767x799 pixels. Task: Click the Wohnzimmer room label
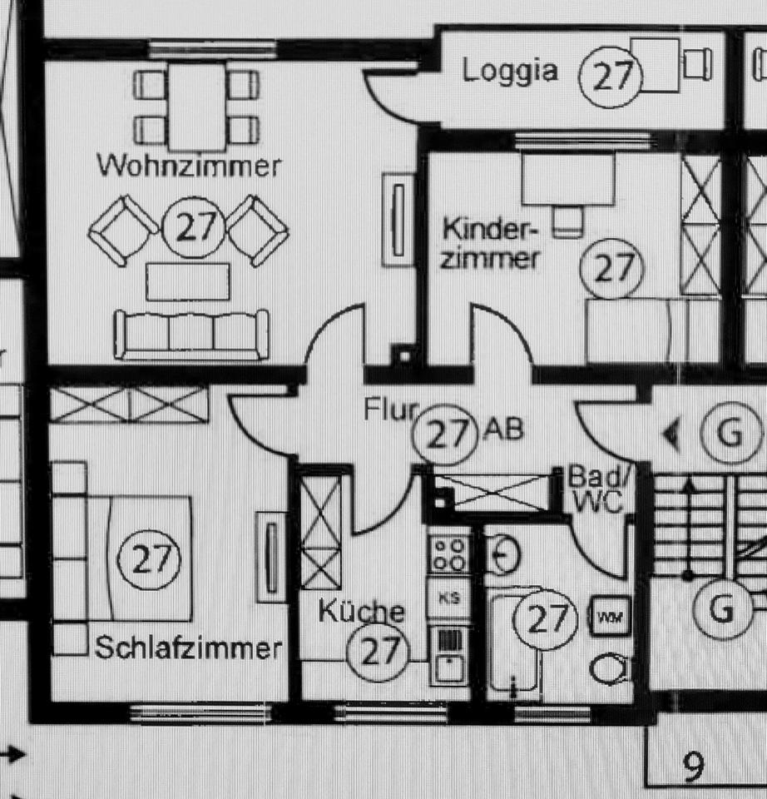click(189, 165)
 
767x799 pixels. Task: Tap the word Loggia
click(510, 71)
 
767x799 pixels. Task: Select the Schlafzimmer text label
click(189, 648)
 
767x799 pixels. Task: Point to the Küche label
click(362, 613)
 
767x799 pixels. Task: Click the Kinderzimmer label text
click(490, 243)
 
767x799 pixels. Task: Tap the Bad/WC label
click(596, 490)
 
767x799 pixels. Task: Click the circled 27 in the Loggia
click(611, 77)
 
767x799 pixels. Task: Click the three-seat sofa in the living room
click(191, 335)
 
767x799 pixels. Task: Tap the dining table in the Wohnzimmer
click(196, 107)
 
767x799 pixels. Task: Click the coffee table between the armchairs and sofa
click(188, 281)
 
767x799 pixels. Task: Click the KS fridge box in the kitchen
click(448, 598)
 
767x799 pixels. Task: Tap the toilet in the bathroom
click(611, 669)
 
